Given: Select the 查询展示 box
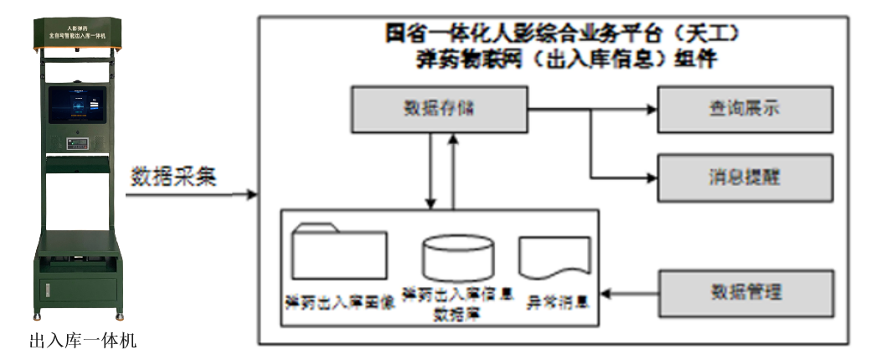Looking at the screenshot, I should tap(744, 109).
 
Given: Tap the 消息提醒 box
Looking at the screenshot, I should tap(744, 177).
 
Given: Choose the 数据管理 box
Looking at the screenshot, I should tap(744, 293).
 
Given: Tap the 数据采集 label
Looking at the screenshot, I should tap(173, 177).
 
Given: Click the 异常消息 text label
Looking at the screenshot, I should tap(555, 299).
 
